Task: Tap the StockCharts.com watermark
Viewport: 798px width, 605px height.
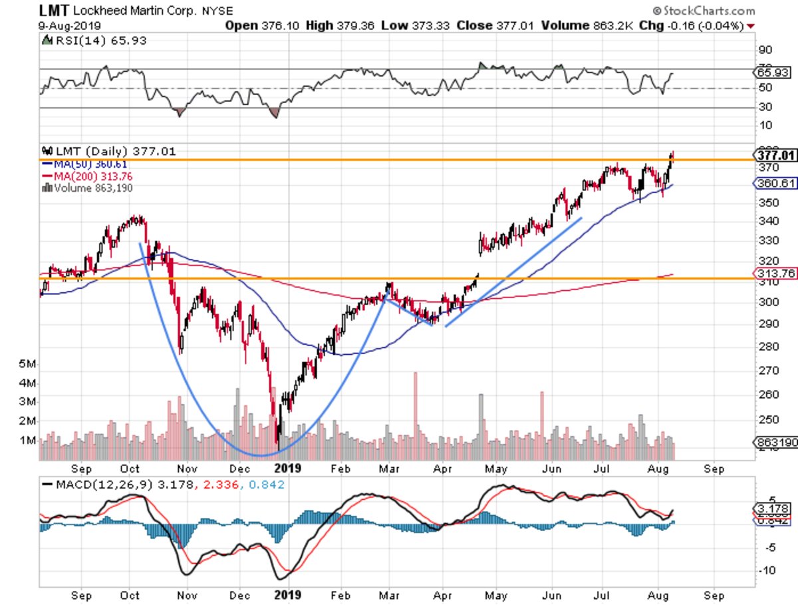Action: click(x=708, y=11)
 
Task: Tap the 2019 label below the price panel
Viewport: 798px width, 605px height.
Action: click(x=287, y=468)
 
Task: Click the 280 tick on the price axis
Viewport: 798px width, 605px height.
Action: click(x=766, y=346)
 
